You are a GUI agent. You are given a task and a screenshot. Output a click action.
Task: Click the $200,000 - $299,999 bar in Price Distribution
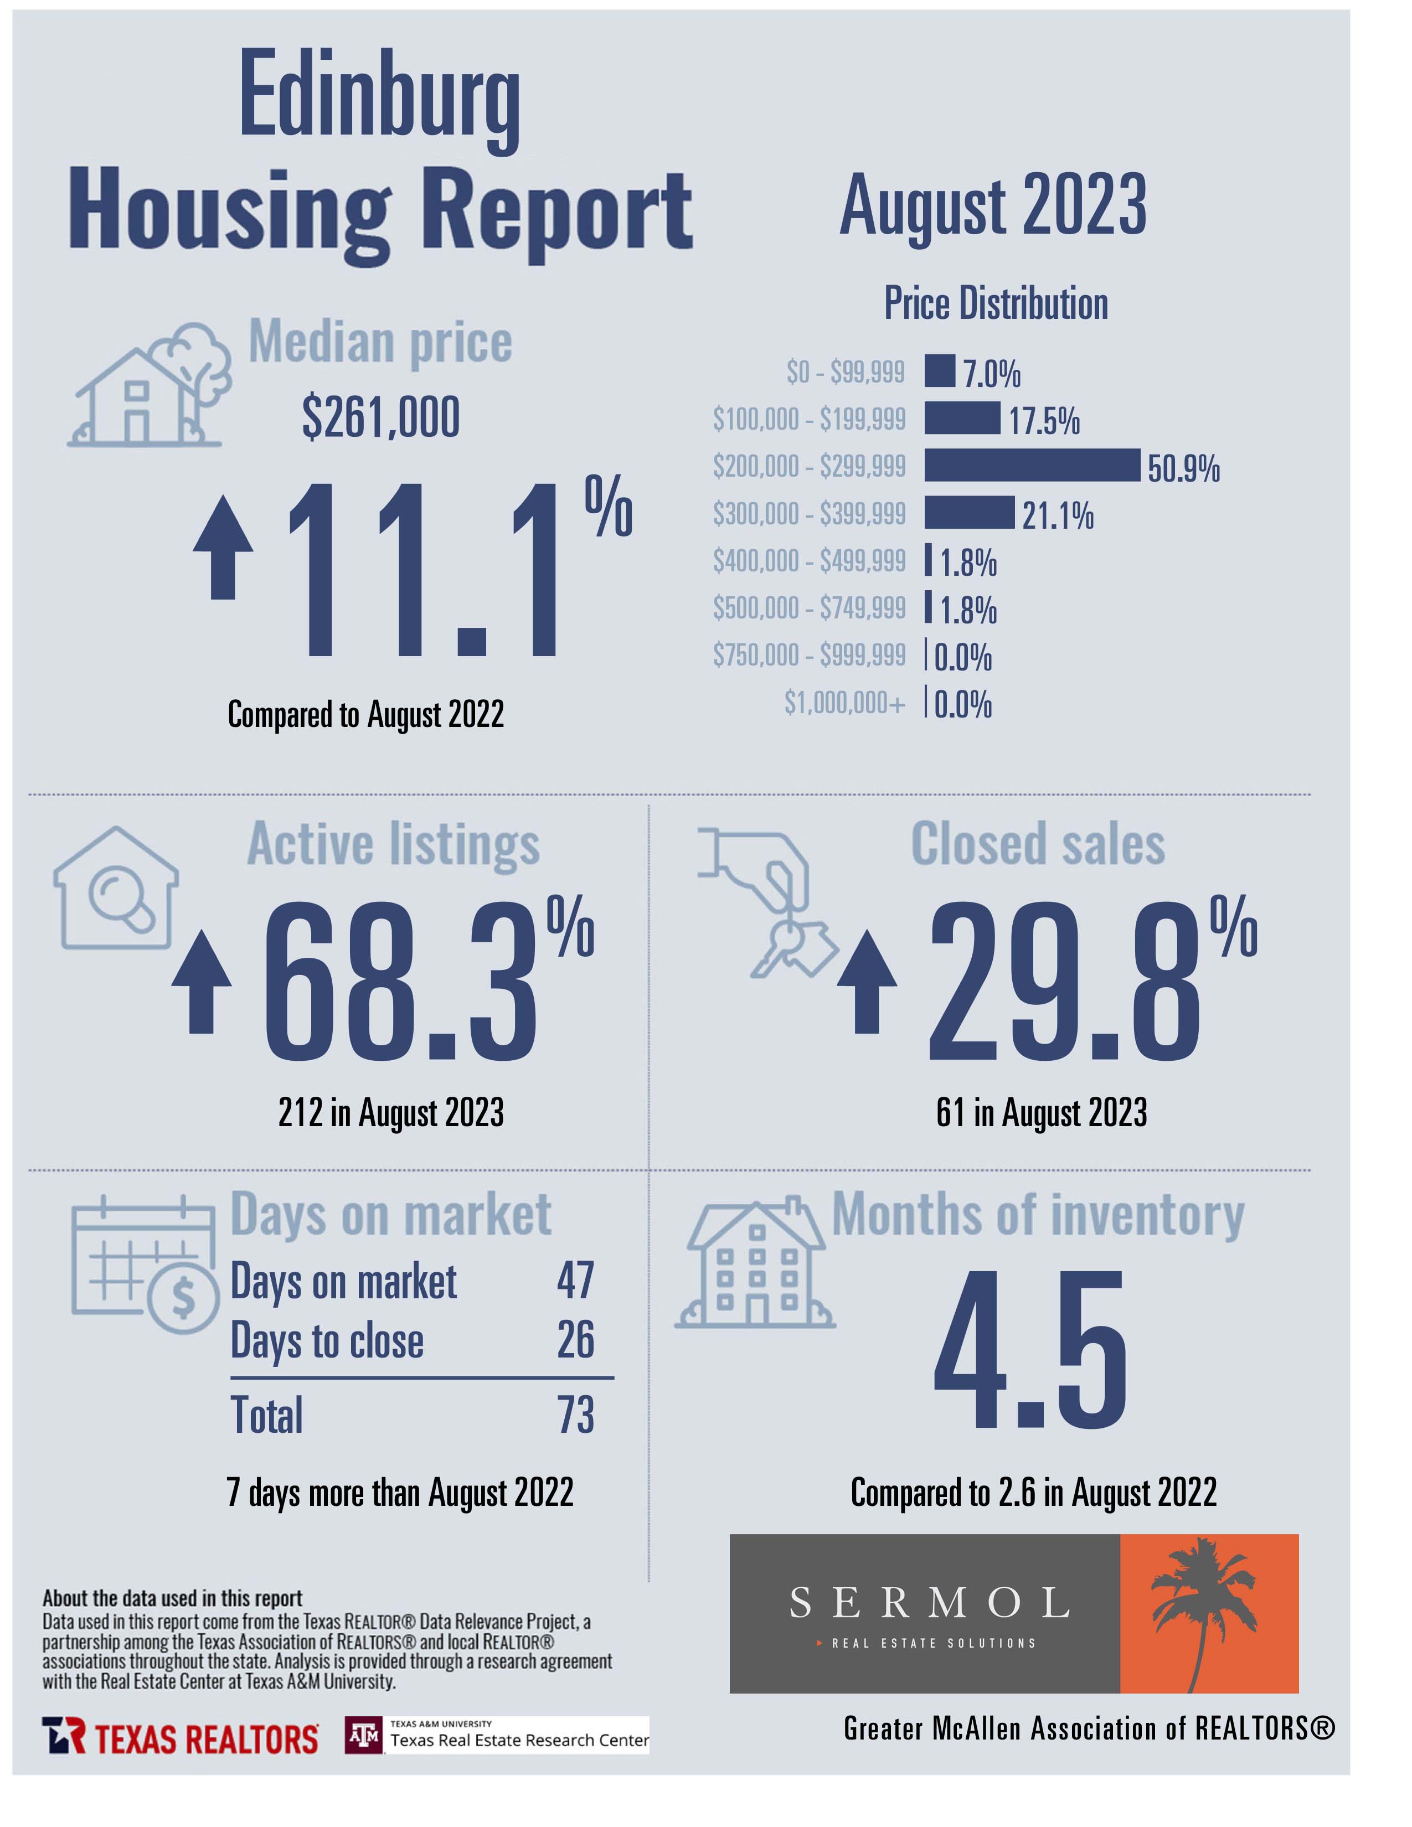(1032, 465)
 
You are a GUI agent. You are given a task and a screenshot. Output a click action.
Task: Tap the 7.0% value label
(992, 373)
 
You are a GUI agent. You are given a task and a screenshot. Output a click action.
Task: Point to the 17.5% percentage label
(1044, 420)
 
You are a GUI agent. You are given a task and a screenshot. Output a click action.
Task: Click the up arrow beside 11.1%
(223, 547)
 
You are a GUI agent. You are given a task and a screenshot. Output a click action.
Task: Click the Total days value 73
(575, 1415)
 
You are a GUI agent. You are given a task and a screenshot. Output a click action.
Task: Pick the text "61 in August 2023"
(1042, 1113)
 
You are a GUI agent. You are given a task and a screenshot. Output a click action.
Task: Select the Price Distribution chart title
(996, 303)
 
